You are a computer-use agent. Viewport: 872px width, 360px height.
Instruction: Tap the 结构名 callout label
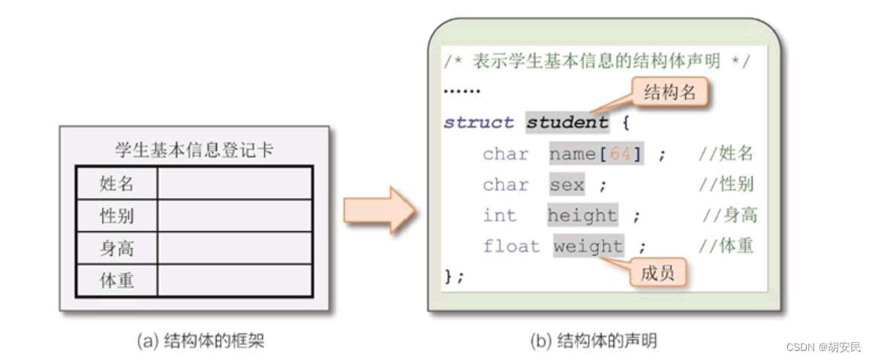click(x=670, y=93)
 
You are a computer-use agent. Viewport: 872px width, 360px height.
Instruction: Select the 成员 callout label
click(x=657, y=274)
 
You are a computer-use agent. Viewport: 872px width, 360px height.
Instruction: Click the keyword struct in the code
click(x=478, y=123)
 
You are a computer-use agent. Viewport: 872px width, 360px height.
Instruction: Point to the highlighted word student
click(x=567, y=123)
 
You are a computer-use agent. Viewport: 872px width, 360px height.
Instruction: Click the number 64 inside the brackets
click(x=621, y=154)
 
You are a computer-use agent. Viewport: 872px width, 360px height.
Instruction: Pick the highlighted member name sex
click(x=567, y=185)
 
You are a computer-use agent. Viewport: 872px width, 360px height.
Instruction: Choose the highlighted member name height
click(x=582, y=216)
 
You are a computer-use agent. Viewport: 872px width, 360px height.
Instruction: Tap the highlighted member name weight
click(x=588, y=247)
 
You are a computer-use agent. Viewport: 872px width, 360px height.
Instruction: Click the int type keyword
click(x=499, y=216)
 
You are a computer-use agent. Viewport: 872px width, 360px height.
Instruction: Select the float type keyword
click(x=511, y=247)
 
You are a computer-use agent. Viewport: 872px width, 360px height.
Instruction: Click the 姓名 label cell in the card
click(x=116, y=183)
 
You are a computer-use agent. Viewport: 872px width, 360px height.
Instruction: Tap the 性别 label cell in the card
click(x=116, y=216)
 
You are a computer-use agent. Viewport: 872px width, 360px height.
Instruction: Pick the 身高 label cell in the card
click(x=116, y=248)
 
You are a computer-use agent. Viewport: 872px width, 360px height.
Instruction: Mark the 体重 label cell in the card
click(x=116, y=281)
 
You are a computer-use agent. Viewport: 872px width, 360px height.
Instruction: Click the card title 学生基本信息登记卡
click(x=194, y=150)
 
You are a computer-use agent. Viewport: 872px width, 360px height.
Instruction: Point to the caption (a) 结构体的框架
click(x=200, y=342)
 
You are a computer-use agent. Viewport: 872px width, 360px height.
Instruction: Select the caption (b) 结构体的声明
click(x=593, y=342)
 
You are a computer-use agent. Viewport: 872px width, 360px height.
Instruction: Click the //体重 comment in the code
click(x=726, y=247)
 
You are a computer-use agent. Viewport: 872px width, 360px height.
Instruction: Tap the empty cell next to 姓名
click(x=234, y=183)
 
